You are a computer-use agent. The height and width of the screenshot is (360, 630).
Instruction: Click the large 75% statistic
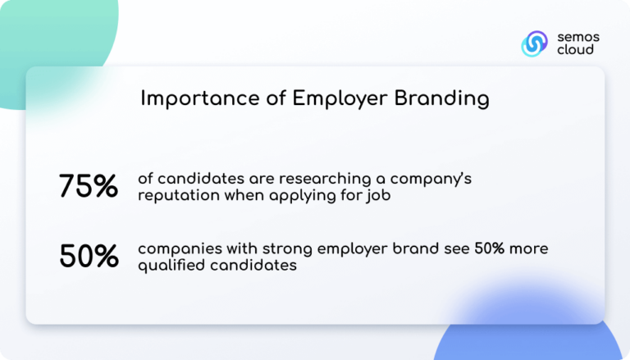[89, 186]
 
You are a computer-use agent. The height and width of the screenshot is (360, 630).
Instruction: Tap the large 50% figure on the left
[89, 257]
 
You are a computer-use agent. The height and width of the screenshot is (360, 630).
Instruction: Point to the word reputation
[177, 196]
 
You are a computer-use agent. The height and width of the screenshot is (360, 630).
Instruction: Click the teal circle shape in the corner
[49, 41]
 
